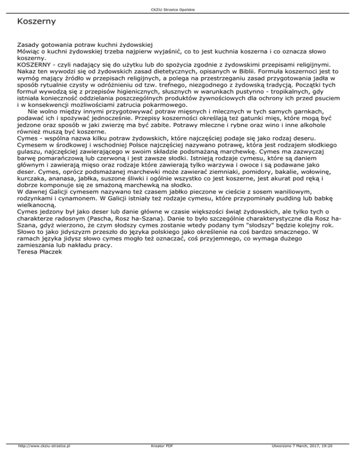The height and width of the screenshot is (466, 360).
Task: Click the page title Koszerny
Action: (36, 22)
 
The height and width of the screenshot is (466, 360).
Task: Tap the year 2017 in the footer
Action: (305, 459)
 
